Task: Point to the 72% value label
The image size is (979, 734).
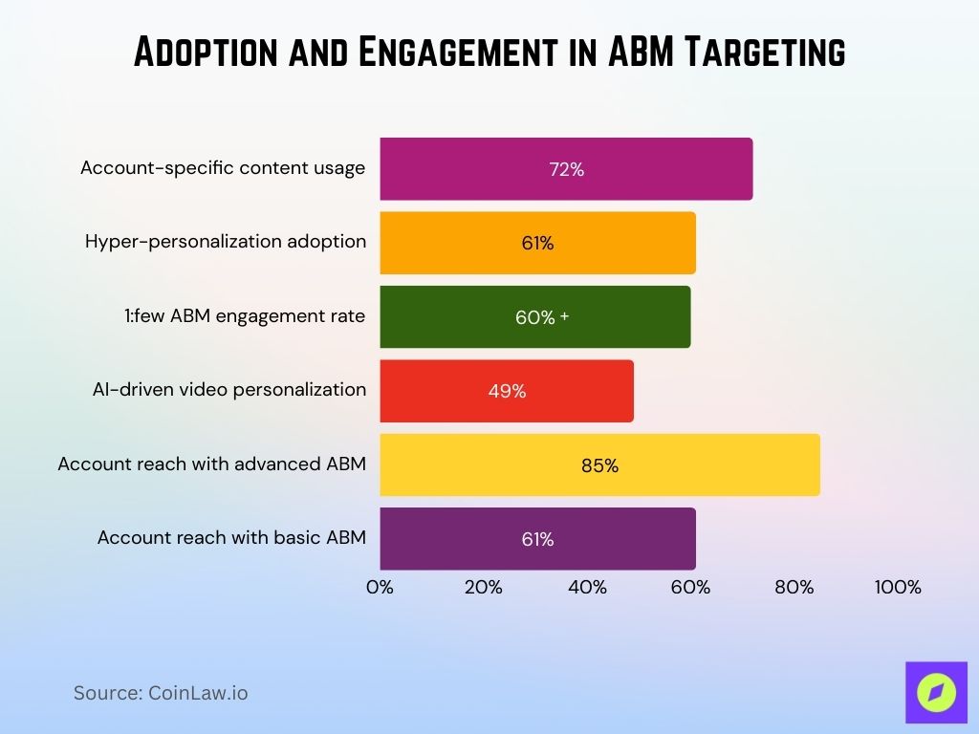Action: pyautogui.click(x=566, y=169)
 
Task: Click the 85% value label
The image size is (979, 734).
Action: pyautogui.click(x=599, y=465)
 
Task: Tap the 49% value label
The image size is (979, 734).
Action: pyautogui.click(x=507, y=391)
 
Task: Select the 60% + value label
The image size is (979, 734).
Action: pyautogui.click(x=541, y=317)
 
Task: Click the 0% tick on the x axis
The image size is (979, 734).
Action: pyautogui.click(x=380, y=587)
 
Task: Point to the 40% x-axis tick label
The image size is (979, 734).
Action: pyautogui.click(x=587, y=587)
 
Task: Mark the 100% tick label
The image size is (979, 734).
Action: pyautogui.click(x=897, y=587)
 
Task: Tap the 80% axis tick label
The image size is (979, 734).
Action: pyautogui.click(x=794, y=587)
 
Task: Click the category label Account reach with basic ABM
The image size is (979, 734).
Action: pyautogui.click(x=231, y=538)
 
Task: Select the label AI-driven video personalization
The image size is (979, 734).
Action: pyautogui.click(x=229, y=390)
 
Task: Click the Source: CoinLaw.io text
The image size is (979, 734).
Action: pyautogui.click(x=161, y=693)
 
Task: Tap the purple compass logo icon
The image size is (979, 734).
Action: pyautogui.click(x=936, y=692)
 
